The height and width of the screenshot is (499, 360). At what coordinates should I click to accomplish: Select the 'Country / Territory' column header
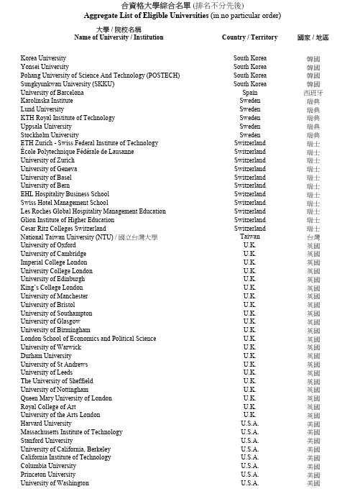pos(249,37)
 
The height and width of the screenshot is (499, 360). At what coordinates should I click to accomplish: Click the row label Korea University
pos(43,58)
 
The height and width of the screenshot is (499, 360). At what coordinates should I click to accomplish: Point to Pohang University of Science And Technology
pos(100,75)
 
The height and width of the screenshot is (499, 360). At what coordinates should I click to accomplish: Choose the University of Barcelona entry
pos(52,93)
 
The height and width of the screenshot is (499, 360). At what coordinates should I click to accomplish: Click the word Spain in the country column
pos(250,93)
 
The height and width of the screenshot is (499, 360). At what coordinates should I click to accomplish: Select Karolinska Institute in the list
pos(47,101)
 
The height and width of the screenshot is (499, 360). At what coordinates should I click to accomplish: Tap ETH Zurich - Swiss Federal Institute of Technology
pos(89,143)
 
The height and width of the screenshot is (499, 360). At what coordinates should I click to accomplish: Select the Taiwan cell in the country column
pos(250,237)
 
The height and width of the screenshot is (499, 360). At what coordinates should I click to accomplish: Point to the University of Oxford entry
pos(47,245)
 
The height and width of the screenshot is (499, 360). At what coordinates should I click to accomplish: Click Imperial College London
pos(54,262)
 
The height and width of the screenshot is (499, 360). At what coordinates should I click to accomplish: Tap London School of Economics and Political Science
pos(88,338)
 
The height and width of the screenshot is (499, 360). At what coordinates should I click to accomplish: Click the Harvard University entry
pos(46,424)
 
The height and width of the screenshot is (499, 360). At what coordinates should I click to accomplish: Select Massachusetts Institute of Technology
pos(71,432)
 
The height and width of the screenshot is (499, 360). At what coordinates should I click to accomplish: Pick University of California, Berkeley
pos(65,449)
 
